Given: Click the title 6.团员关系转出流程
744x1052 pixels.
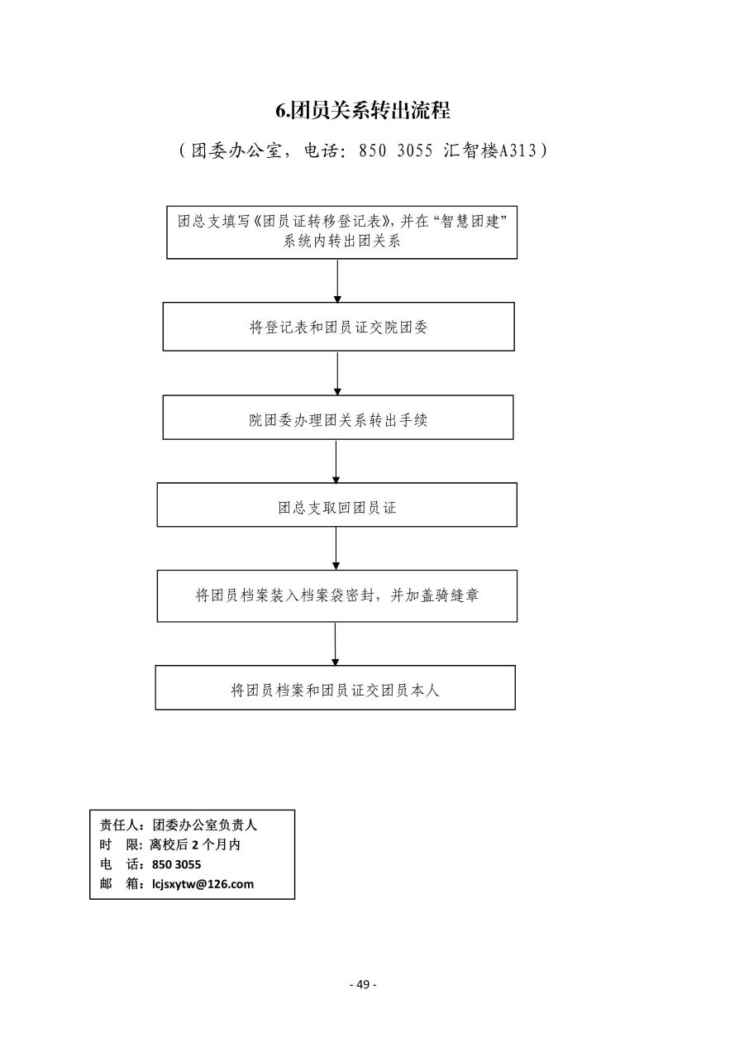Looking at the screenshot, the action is tap(362, 110).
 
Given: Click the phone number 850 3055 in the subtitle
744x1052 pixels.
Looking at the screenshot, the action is tap(395, 151).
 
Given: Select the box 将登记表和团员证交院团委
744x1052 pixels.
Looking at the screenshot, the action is tap(338, 327).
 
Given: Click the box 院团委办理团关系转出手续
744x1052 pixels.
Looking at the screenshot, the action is tap(338, 417).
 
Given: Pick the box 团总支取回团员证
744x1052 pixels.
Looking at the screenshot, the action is tap(337, 504).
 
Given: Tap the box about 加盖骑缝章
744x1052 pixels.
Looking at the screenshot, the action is tap(337, 595).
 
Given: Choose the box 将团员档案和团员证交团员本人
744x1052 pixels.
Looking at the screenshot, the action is tap(335, 687).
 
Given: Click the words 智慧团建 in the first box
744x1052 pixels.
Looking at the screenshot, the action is tap(470, 221).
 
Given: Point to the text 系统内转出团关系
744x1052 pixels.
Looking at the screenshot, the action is tap(341, 241).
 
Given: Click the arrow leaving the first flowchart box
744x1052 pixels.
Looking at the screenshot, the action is tap(337, 280).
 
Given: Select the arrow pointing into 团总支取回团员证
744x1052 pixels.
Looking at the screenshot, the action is tap(336, 461).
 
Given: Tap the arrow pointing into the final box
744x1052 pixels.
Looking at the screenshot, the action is tap(335, 644).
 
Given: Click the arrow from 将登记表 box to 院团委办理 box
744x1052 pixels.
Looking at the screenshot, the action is tap(337, 373).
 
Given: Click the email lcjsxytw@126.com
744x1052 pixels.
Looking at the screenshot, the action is tap(203, 883).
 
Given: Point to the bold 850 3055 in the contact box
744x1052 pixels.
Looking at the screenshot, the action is tap(177, 864).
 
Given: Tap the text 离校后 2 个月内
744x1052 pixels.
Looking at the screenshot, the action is tap(195, 844).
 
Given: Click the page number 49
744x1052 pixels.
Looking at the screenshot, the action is tap(363, 984).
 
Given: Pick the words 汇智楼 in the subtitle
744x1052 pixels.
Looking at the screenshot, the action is tap(470, 151).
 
